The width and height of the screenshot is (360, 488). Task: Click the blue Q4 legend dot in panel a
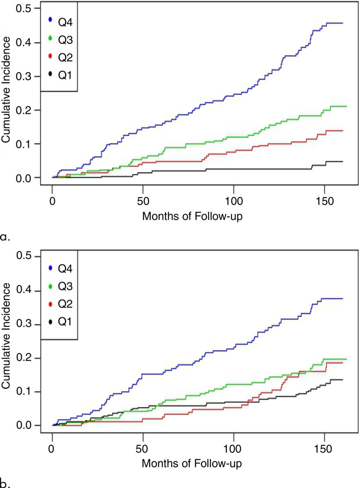tap(50, 19)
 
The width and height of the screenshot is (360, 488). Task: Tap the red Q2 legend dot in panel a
tap(50, 56)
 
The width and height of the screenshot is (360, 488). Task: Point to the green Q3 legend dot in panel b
tap(50, 286)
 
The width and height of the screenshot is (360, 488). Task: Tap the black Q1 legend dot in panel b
tap(50, 323)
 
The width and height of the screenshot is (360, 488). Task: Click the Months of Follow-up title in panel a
tap(194, 216)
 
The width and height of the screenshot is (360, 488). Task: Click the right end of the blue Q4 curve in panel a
tap(342, 23)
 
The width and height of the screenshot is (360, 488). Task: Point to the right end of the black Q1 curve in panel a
tap(342, 161)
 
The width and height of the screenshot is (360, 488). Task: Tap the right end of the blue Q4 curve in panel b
tap(342, 299)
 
